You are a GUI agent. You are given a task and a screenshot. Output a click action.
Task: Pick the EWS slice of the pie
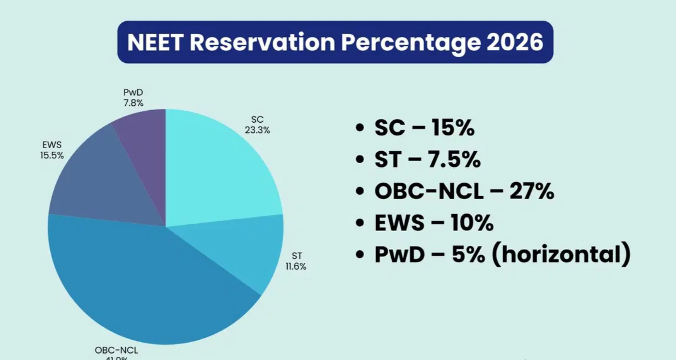click(x=106, y=184)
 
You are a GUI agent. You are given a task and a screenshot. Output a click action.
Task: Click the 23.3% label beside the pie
click(x=257, y=130)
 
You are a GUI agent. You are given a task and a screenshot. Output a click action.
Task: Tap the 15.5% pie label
click(x=52, y=156)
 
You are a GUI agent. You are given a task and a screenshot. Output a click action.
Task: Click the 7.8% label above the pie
click(x=133, y=103)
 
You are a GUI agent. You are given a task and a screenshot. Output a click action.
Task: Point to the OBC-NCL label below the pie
click(x=116, y=350)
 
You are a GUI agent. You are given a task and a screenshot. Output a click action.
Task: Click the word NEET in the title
click(x=154, y=43)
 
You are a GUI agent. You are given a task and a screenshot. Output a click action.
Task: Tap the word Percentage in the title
click(x=411, y=43)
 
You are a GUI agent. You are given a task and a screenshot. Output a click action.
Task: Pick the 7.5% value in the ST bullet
click(x=453, y=160)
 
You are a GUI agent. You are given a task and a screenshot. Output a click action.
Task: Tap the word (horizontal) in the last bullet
click(x=561, y=255)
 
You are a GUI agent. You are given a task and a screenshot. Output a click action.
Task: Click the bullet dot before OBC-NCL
click(x=359, y=192)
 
